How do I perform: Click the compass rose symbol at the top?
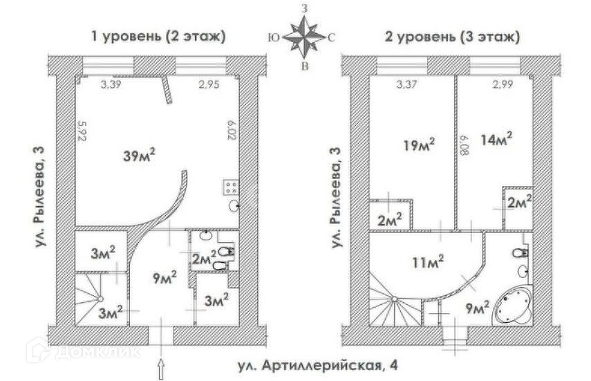click(305, 37)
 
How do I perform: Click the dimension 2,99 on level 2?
click(504, 85)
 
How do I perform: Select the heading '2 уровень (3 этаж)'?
click(453, 36)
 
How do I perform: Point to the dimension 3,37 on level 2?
click(409, 85)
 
